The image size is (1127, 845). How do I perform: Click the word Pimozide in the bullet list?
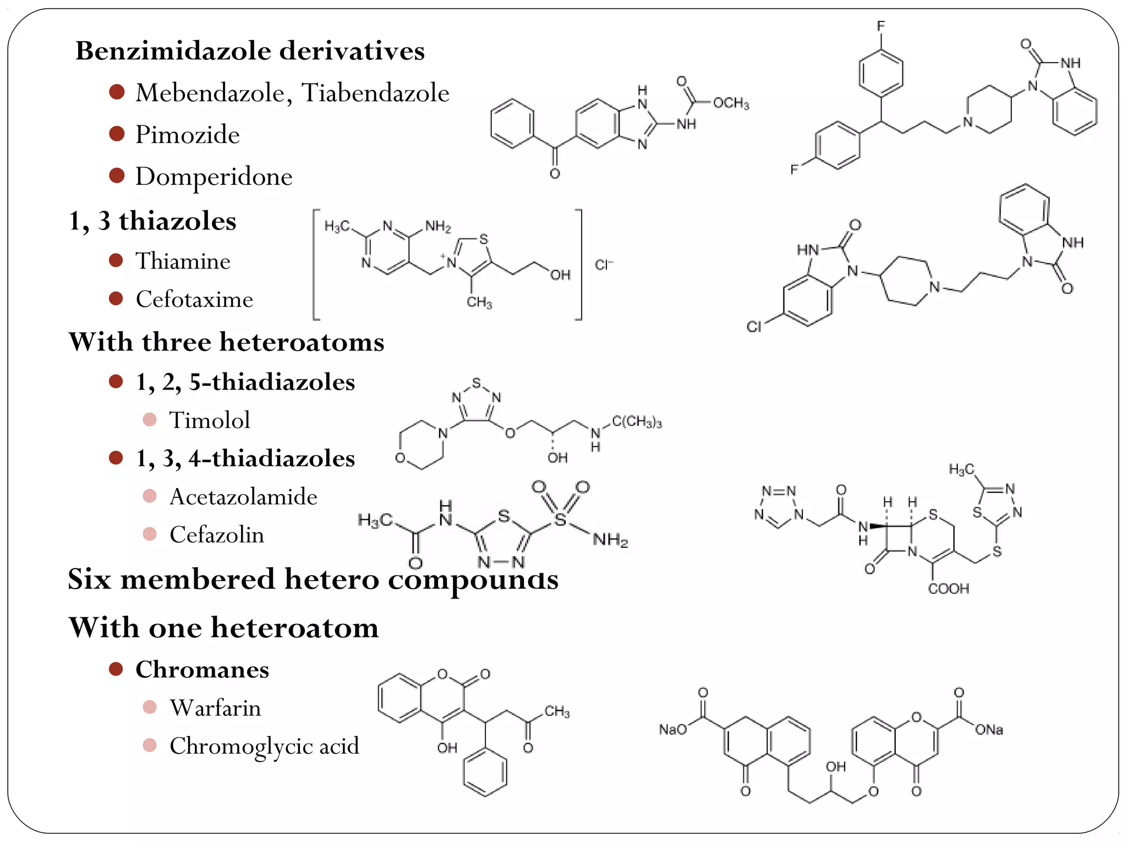187,135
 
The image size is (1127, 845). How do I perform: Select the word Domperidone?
214,177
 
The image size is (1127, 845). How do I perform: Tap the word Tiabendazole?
375,92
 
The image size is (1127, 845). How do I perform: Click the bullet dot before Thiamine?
116,260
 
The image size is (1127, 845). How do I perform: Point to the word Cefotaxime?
194,299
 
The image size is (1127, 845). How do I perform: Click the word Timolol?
209,420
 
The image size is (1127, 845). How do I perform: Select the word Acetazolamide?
243,497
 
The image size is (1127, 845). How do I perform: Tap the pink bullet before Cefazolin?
150,534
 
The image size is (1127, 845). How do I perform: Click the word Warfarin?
215,708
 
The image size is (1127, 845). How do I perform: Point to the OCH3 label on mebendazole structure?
731,103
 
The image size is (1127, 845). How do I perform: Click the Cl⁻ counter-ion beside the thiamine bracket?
604,265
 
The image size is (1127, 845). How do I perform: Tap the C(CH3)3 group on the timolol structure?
637,422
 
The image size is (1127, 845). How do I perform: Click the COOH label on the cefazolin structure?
948,589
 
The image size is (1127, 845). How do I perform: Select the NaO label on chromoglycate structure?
673,729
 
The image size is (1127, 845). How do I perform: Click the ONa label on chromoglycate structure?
989,730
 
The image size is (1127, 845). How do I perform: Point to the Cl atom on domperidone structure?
754,327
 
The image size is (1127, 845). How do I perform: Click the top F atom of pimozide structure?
880,26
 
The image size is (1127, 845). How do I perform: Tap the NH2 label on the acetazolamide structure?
610,540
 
